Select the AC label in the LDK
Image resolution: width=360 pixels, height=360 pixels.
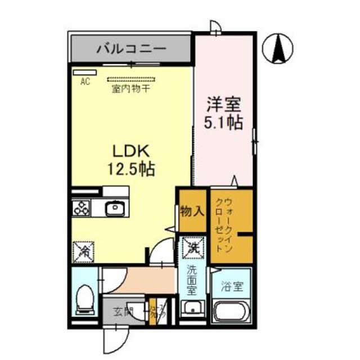(x=85, y=82)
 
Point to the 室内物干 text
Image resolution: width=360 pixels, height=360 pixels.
(x=130, y=88)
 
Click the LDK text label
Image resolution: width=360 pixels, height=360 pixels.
(x=132, y=151)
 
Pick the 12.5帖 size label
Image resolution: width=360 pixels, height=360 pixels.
(x=132, y=168)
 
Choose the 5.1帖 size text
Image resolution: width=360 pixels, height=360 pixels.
(x=224, y=122)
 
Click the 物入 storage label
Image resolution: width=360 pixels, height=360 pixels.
(x=192, y=211)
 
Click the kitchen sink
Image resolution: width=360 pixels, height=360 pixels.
(x=115, y=208)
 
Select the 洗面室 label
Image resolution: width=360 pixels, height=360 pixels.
(x=192, y=280)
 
